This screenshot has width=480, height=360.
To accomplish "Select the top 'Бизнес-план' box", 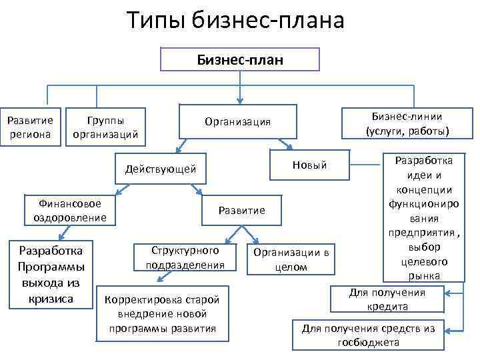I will (240, 60).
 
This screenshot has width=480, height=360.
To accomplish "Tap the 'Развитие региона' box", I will (29, 125).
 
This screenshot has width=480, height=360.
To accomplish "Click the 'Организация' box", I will (237, 122).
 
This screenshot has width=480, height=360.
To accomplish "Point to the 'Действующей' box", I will (160, 169).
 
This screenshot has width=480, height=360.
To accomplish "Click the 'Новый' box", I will (309, 165).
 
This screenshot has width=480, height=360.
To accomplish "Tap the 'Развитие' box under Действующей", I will (241, 211).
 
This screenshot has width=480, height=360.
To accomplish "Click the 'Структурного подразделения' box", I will (185, 257).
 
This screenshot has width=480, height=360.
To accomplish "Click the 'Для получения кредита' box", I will (387, 300).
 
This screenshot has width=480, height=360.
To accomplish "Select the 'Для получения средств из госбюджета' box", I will (368, 335).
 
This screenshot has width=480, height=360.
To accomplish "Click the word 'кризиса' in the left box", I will (51, 299).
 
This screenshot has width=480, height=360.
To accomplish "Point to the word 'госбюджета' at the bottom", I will (368, 343).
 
